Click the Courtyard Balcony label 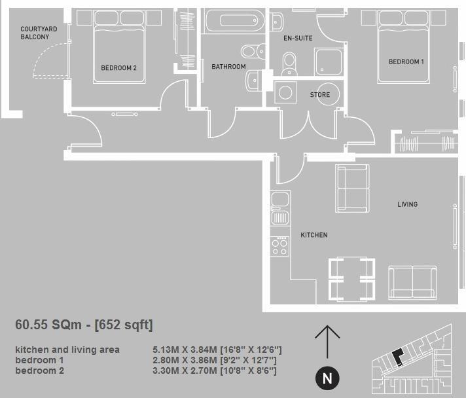pos(39,33)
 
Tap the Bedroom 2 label pos(118,67)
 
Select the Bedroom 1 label pos(406,62)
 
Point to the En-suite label pos(297,38)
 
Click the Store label pos(319,95)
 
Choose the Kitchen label pos(314,235)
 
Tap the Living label pos(407,204)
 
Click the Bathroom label pos(228,67)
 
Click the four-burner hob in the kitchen pos(279,246)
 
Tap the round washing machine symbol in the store pos(285,93)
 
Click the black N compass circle pos(327,378)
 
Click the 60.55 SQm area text pos(84,325)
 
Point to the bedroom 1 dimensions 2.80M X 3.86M pos(215,361)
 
